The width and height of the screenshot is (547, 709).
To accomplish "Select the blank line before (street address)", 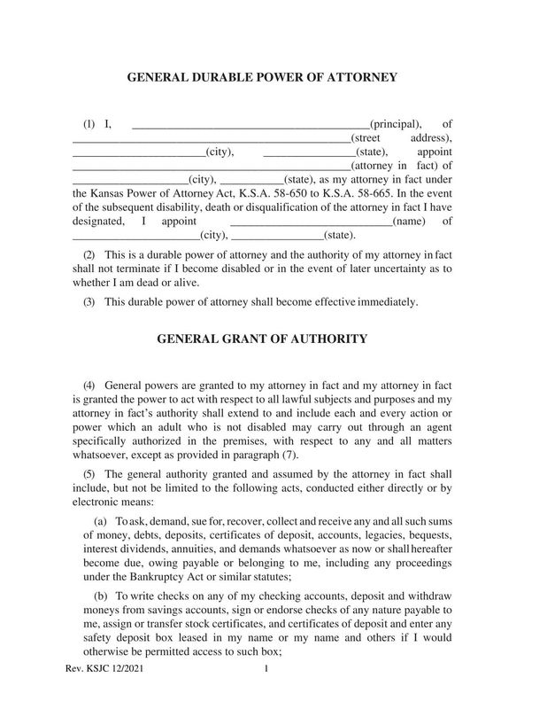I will click(x=211, y=140).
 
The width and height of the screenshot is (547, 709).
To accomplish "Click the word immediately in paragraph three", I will click(x=385, y=302).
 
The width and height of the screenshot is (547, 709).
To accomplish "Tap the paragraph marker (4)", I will click(x=89, y=386).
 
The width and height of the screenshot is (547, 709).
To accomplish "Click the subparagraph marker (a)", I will click(x=99, y=522).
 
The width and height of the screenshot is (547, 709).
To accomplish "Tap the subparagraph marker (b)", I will click(x=99, y=596).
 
